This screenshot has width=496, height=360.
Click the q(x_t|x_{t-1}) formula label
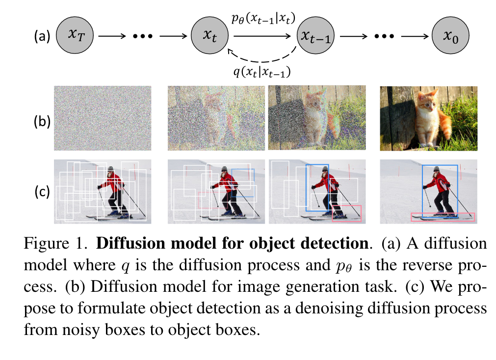click(x=261, y=72)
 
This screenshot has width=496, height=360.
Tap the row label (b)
click(x=42, y=120)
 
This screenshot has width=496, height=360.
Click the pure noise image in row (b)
click(x=103, y=118)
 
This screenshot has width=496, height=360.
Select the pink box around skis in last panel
click(x=443, y=217)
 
